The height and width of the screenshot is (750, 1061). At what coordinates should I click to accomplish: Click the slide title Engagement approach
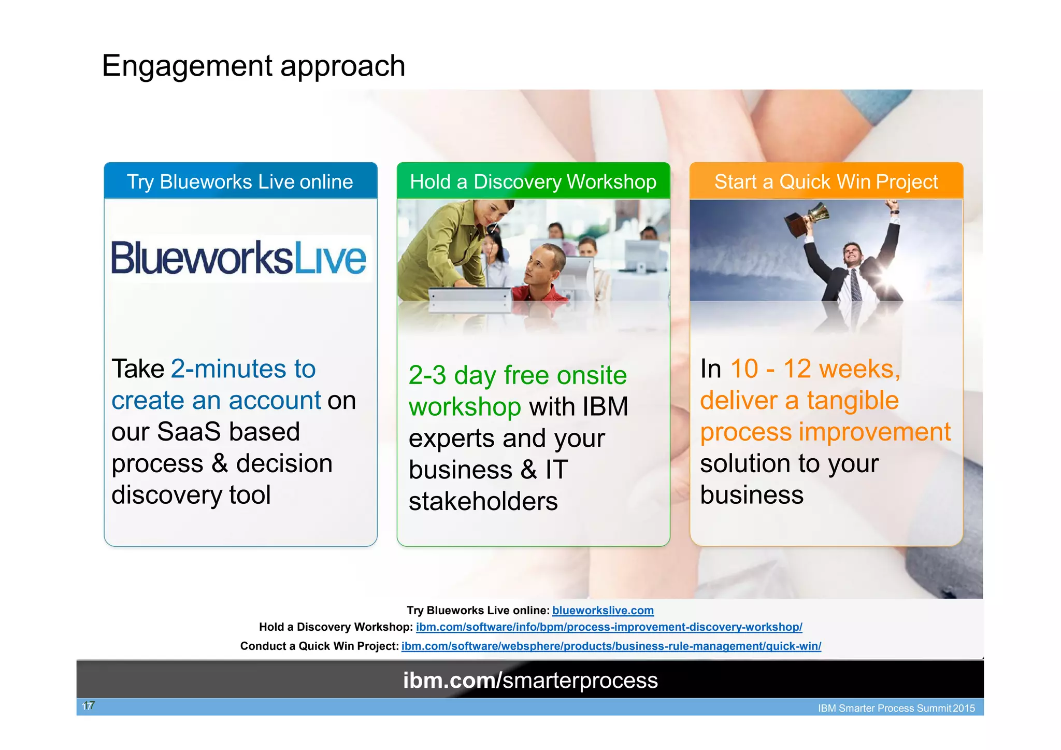(x=253, y=66)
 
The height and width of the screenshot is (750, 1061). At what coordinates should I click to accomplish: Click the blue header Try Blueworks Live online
(x=240, y=182)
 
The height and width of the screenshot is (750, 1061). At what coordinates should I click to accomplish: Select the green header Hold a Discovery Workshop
(x=533, y=182)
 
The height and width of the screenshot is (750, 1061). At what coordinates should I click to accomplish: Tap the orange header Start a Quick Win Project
(x=826, y=182)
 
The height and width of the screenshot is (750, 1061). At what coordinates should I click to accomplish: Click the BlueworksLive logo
(x=239, y=258)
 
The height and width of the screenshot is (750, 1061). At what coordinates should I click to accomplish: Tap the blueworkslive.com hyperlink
(x=603, y=611)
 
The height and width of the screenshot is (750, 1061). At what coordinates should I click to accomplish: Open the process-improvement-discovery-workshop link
(x=609, y=627)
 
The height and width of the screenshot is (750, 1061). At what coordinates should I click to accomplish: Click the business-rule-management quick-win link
(x=611, y=646)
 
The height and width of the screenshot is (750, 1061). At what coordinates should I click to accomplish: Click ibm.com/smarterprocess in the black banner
(x=530, y=680)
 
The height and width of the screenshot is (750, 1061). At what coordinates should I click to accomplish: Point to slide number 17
(x=88, y=706)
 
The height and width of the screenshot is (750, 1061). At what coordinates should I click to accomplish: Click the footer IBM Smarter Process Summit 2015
(x=896, y=708)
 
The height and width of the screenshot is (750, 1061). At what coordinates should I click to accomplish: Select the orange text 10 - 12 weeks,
(x=815, y=369)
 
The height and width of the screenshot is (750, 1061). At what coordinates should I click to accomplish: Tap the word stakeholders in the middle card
(x=483, y=502)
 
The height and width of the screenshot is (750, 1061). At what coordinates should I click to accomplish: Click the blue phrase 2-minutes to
(x=243, y=369)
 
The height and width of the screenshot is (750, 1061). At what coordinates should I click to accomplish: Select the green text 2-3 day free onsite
(x=517, y=375)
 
